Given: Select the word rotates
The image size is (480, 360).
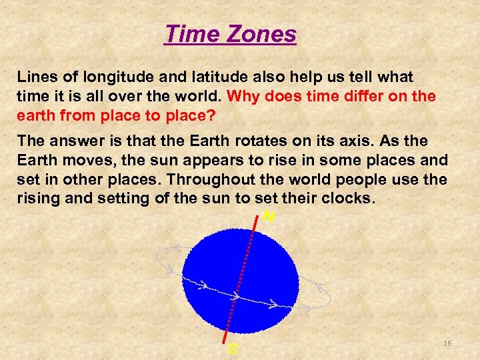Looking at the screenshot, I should click(x=248, y=141).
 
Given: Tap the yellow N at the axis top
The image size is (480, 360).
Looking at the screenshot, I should click(x=269, y=216).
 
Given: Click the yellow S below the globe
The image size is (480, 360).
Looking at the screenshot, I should click(x=232, y=348).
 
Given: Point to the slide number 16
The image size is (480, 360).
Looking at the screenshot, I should click(x=447, y=343).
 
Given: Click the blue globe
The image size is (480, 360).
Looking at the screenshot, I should click(x=240, y=273).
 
